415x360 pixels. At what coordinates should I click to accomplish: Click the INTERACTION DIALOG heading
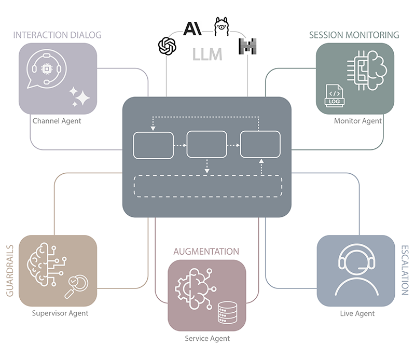tap(57, 35)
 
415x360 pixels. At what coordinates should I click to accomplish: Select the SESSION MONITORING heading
tap(354, 35)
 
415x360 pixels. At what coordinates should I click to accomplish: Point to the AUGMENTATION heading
tap(206, 252)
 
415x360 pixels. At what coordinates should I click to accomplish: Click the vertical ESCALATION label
tap(405, 270)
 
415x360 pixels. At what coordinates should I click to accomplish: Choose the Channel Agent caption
tap(57, 121)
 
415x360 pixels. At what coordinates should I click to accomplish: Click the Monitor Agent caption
tap(358, 121)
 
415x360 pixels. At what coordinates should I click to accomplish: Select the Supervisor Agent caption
tap(60, 313)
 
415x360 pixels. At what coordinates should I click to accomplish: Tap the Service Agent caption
tap(207, 339)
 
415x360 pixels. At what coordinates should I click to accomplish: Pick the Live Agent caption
tap(357, 313)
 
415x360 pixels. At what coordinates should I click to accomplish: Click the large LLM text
tap(208, 54)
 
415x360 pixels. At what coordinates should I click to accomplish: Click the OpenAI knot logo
tap(167, 46)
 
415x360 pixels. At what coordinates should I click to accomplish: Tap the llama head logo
tap(222, 26)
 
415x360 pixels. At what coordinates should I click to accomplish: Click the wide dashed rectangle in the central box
tap(208, 186)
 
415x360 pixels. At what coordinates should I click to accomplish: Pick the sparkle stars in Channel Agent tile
tap(80, 96)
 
